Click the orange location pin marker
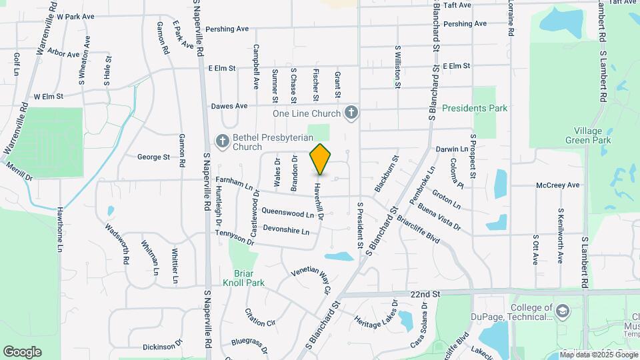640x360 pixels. (x=320, y=159)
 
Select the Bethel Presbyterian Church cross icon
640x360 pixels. (x=222, y=140)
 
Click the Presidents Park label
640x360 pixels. (x=475, y=108)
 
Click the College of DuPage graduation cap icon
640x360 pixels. (x=563, y=311)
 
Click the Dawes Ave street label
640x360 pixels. (x=229, y=105)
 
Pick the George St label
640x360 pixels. (x=153, y=157)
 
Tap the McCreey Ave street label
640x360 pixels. (x=558, y=185)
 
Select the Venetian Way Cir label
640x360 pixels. (x=311, y=280)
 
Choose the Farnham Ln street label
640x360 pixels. (x=235, y=184)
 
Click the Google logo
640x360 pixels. (x=22, y=352)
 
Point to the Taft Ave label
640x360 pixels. (x=457, y=5)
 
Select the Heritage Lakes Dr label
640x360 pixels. (x=377, y=321)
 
